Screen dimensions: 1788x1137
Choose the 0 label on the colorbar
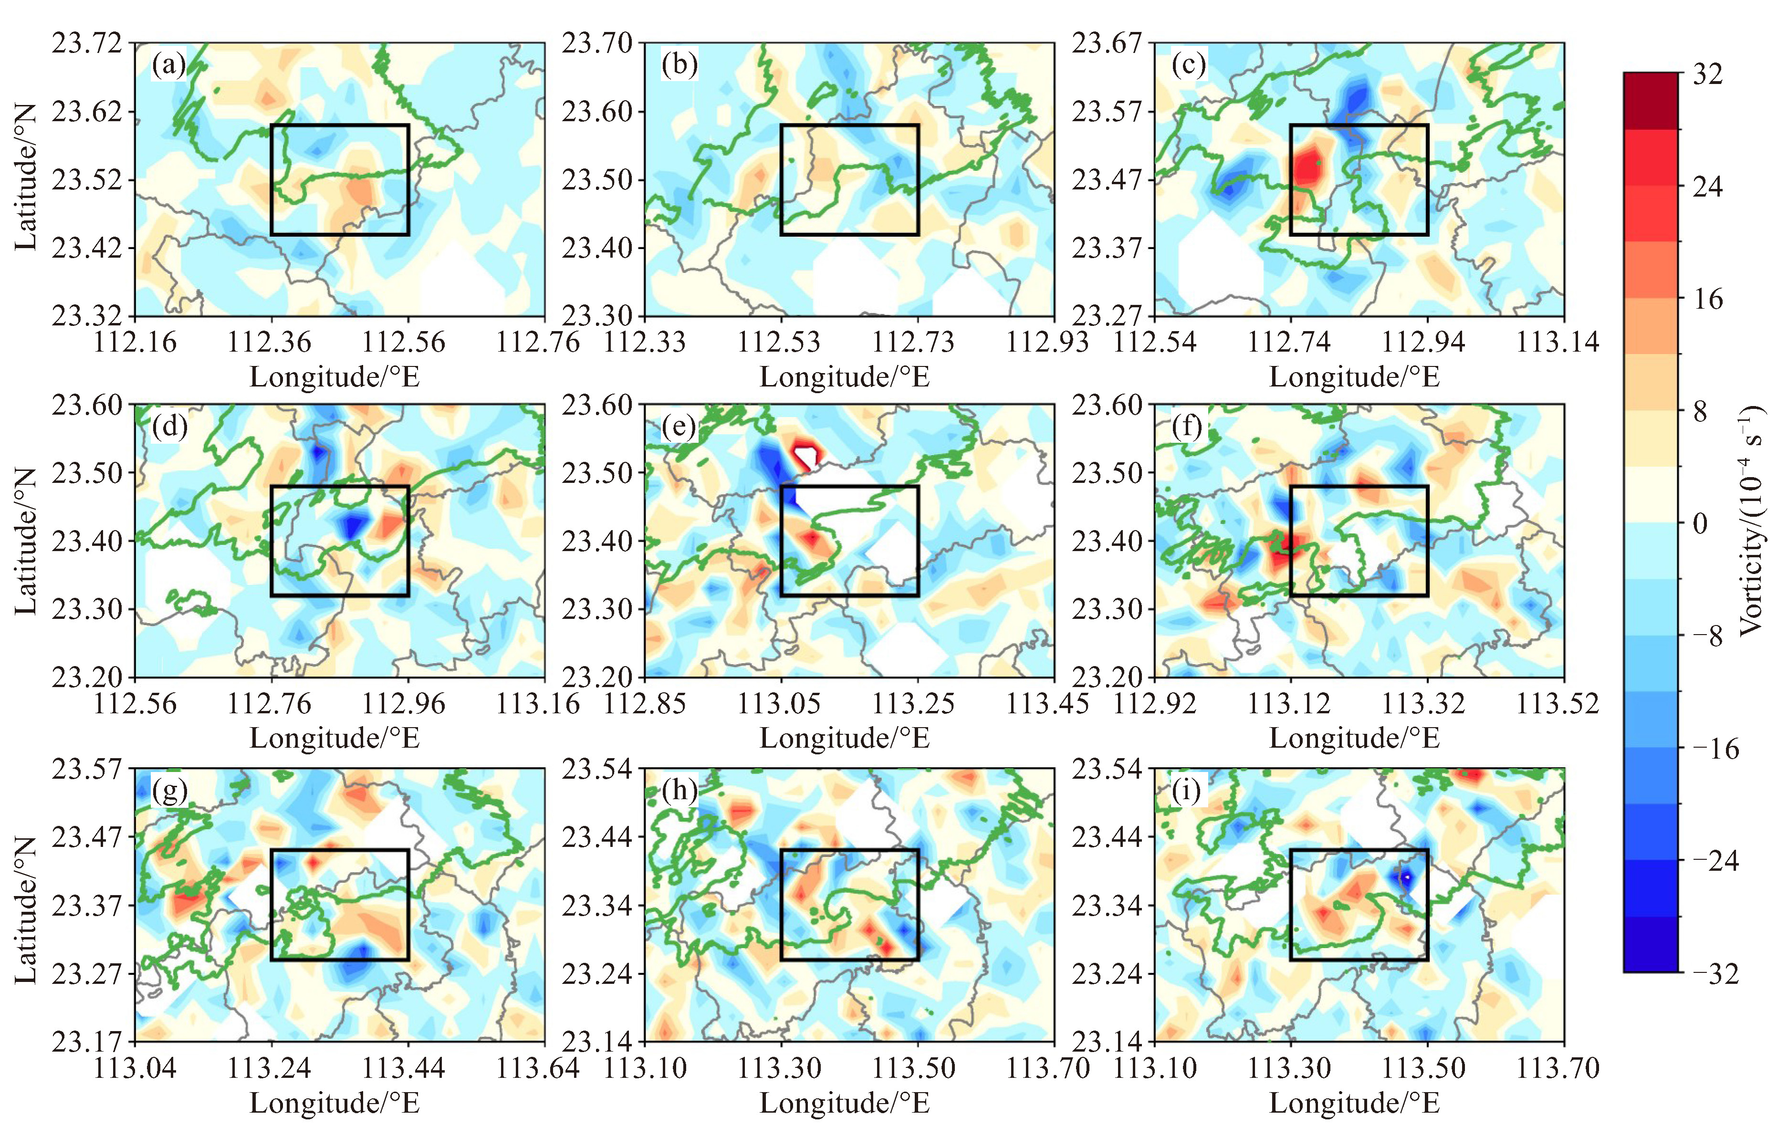[1700, 523]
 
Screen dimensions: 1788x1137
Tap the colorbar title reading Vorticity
[1751, 520]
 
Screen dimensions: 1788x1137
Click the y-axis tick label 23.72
[86, 43]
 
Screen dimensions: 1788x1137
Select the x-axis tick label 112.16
[135, 343]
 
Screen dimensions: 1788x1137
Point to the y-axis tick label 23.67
[1107, 43]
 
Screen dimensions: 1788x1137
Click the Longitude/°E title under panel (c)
[1354, 376]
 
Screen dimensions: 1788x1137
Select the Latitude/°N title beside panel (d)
[25, 541]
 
